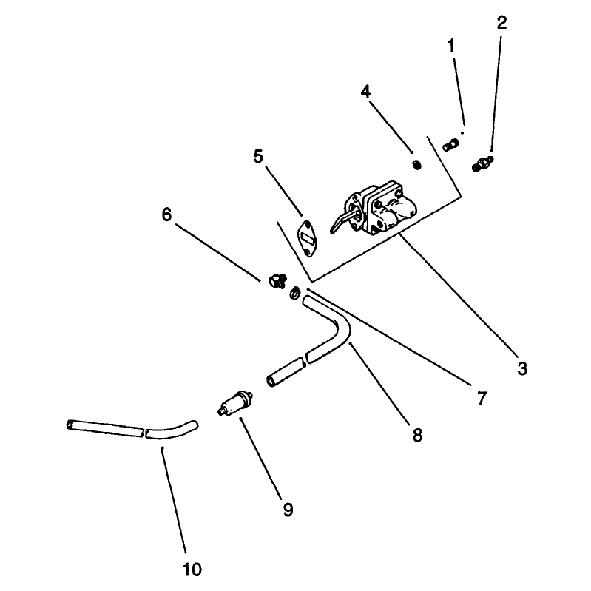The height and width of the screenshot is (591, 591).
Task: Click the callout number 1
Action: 450,46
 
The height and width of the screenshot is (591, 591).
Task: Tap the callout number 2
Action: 501,23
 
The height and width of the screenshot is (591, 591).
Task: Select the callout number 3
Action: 522,368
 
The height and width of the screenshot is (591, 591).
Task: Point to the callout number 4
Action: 365,92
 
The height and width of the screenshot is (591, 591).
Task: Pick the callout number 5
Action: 258,156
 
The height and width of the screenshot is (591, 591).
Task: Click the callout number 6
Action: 166,215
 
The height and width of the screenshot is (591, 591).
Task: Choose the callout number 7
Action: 482,398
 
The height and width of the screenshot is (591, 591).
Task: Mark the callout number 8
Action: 417,435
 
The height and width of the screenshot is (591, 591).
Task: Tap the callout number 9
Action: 288,510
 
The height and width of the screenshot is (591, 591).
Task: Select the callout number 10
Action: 192,570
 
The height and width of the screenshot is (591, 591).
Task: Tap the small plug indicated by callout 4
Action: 416,165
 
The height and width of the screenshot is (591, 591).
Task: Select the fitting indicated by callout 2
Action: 482,164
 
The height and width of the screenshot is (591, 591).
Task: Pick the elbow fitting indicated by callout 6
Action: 277,281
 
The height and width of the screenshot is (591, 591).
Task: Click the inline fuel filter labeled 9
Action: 235,403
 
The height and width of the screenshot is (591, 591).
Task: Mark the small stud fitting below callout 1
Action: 450,145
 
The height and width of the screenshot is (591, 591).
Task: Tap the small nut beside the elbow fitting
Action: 294,292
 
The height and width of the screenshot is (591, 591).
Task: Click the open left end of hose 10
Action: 70,425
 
